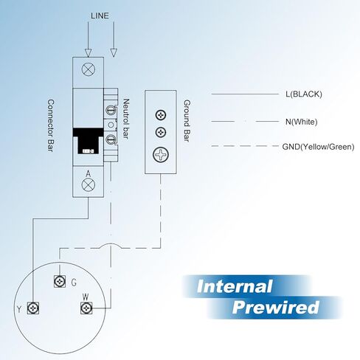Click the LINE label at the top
[x=100, y=15]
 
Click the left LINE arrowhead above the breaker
[x=88, y=53]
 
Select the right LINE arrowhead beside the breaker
[x=114, y=53]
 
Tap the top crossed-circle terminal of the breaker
[x=89, y=69]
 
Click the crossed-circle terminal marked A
[x=89, y=184]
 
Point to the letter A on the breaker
[x=88, y=174]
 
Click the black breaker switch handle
[x=88, y=141]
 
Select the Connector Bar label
[x=51, y=125]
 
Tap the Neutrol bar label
[x=126, y=119]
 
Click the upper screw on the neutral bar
[x=111, y=110]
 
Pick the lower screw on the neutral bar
[x=111, y=139]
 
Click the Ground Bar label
[x=187, y=120]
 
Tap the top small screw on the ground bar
[x=161, y=115]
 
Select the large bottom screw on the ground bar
[x=161, y=155]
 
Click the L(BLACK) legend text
[x=304, y=94]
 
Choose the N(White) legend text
[x=301, y=122]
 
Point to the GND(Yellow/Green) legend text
[x=318, y=147]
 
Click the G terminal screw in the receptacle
[x=60, y=281]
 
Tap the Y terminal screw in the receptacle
[x=33, y=308]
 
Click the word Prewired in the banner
[x=276, y=308]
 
